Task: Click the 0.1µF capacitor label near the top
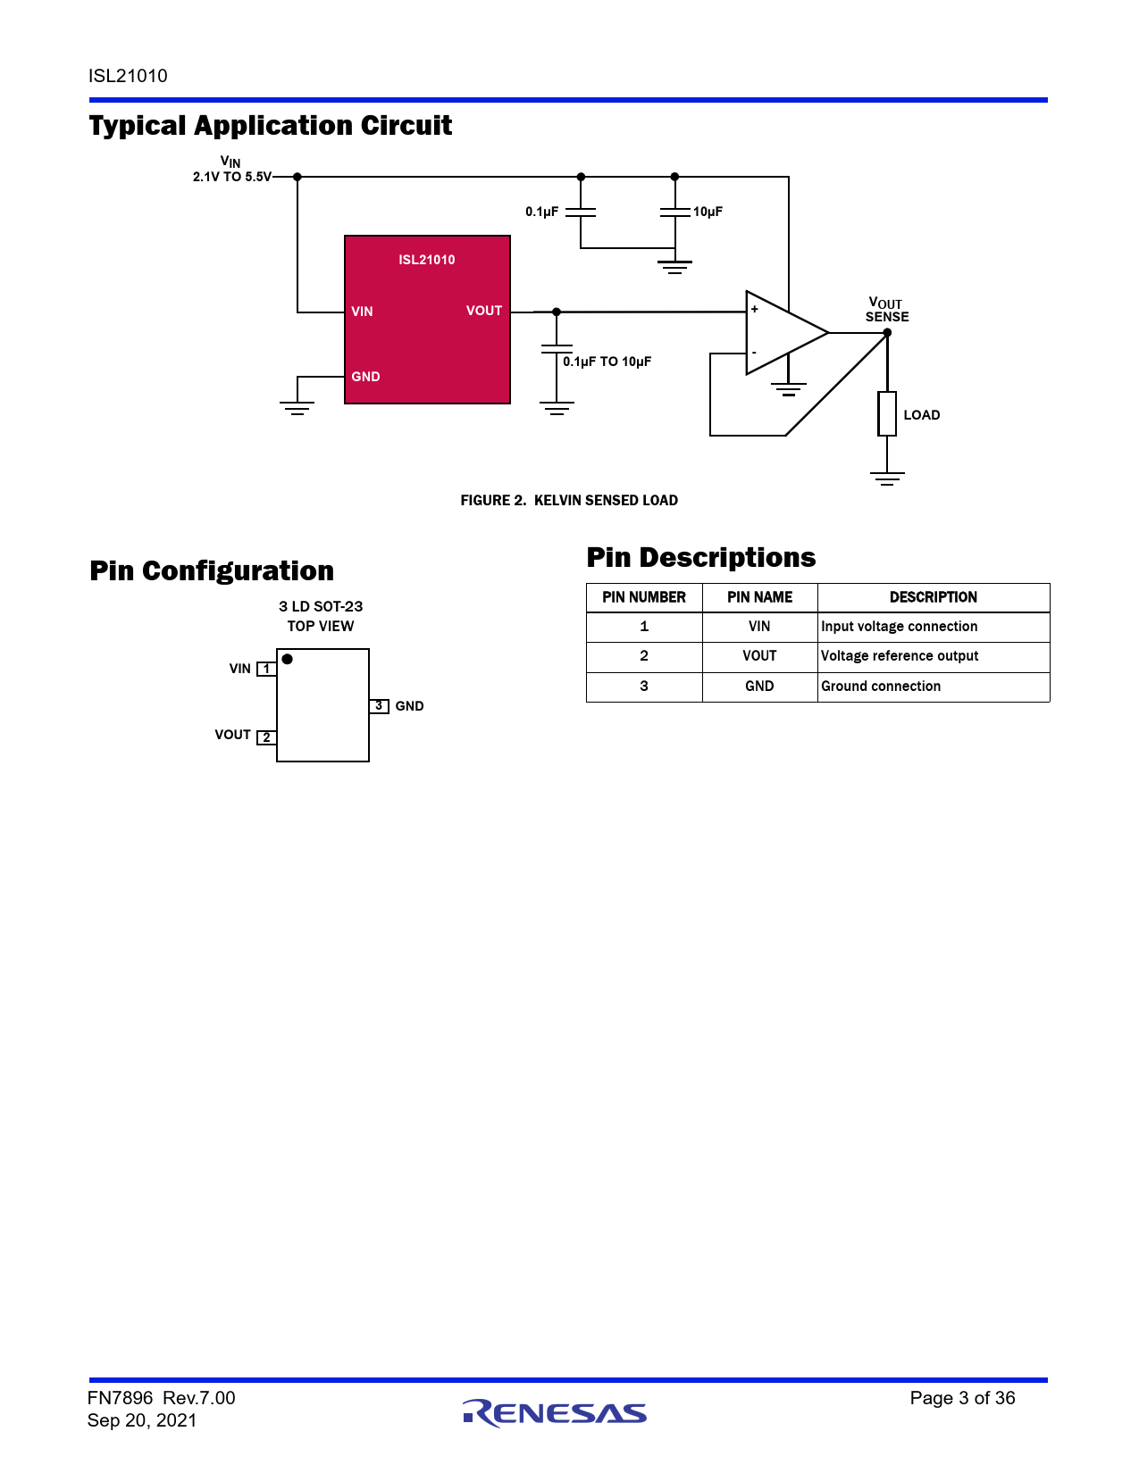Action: [x=541, y=212]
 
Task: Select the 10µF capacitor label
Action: [x=708, y=212]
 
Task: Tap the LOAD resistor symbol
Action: [x=887, y=413]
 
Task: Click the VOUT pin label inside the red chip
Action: [x=484, y=311]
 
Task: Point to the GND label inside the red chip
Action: [x=365, y=377]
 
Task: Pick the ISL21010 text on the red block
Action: [x=426, y=260]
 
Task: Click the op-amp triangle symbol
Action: [x=782, y=333]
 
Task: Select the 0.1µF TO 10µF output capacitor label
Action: [x=607, y=362]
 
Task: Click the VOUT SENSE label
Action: [x=886, y=310]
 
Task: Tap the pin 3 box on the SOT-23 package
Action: [x=379, y=706]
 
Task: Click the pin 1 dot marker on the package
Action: [x=288, y=660]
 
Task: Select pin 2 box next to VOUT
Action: [x=266, y=737]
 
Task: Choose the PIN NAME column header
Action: [x=759, y=597]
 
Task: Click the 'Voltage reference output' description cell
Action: [x=900, y=656]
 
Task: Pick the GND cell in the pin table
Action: [x=759, y=687]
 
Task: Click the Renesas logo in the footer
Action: [x=555, y=1412]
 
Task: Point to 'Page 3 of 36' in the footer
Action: [x=962, y=1398]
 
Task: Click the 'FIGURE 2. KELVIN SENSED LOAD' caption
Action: [x=569, y=501]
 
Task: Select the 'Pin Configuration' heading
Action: [x=212, y=571]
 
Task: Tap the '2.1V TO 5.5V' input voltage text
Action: [x=232, y=177]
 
